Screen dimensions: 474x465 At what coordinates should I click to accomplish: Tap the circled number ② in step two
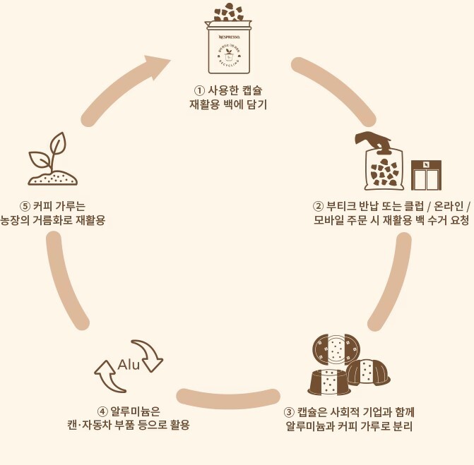coord(319,207)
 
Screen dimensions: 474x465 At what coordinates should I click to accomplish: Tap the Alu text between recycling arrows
coord(129,365)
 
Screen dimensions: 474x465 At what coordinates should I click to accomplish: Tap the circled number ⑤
coord(25,207)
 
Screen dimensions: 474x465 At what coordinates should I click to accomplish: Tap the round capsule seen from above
coord(338,347)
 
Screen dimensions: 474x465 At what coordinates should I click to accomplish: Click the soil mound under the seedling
coord(53,177)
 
